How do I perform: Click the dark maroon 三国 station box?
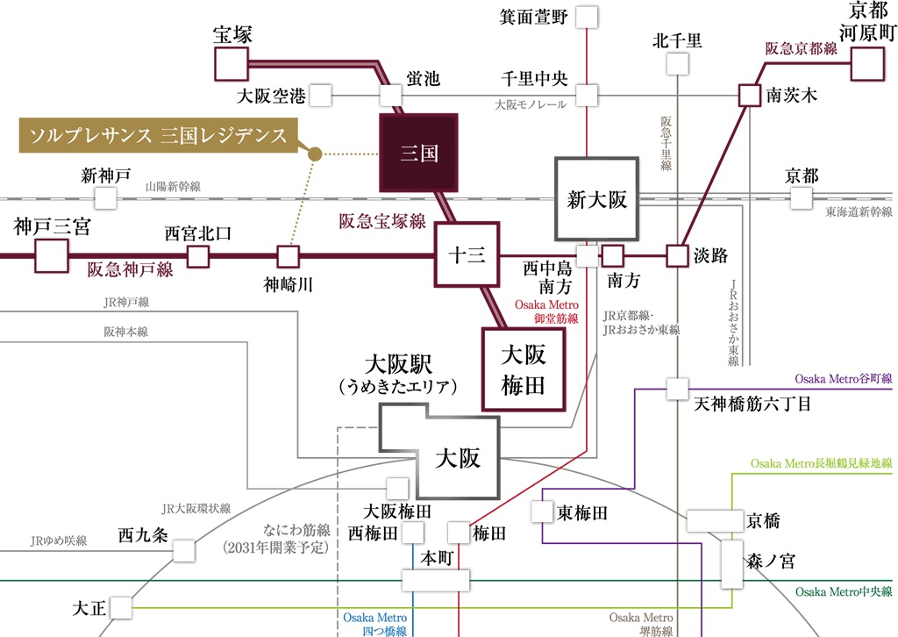pos(419,154)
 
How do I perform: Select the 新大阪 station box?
pos(596,199)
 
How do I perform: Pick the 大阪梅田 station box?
pos(524,369)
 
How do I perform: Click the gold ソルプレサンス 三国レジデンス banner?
pos(159,135)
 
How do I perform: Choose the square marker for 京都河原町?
pos(866,64)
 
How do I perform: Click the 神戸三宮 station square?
pos(51,256)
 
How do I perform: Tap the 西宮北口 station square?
pos(199,256)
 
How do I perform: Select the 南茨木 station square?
pos(748,95)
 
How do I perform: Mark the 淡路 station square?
pos(676,256)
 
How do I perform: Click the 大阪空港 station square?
pos(320,94)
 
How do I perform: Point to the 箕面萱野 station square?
pos(587,18)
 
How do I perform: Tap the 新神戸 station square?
pos(105,197)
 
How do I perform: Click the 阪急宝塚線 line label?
pos(382,221)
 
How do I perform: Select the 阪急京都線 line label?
pos(801,49)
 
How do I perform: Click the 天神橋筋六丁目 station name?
pos(752,404)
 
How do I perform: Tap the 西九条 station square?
pos(183,550)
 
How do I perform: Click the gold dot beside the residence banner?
pos(316,154)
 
